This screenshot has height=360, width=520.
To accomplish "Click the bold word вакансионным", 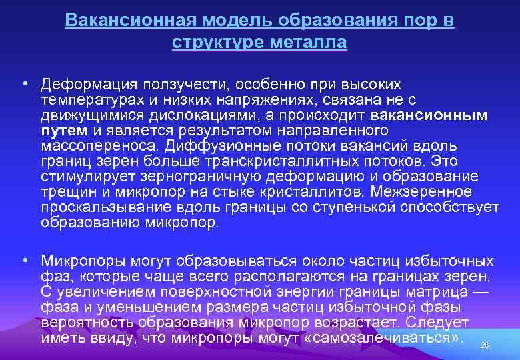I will (429, 115).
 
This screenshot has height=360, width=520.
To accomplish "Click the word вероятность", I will (80, 322).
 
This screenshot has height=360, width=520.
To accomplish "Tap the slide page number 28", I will (485, 345).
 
